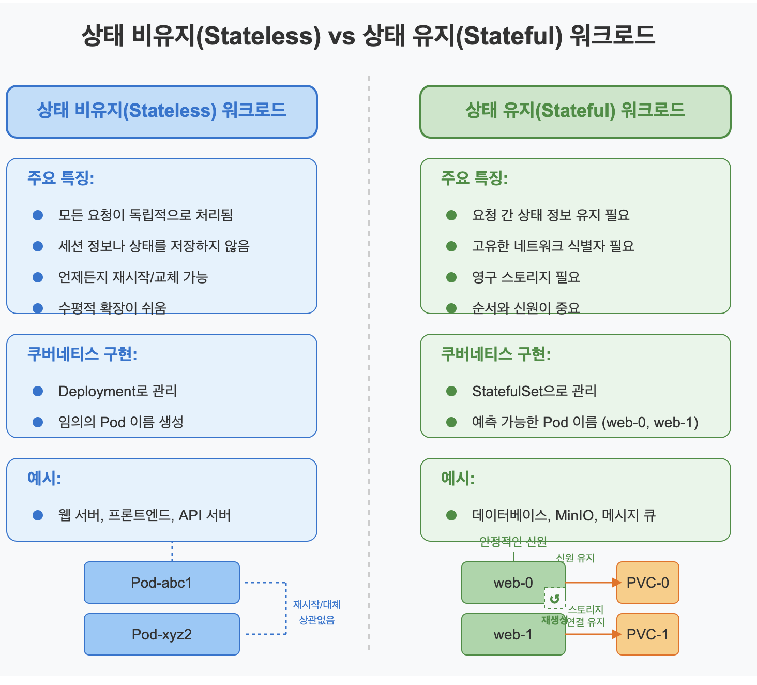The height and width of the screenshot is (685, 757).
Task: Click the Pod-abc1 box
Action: (161, 583)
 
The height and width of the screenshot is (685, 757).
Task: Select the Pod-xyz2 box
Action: (161, 634)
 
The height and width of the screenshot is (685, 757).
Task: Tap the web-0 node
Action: (513, 583)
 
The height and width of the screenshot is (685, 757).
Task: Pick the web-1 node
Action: (513, 635)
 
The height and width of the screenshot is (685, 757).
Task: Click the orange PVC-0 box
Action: (647, 583)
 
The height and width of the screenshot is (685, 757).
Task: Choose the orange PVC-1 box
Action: (647, 634)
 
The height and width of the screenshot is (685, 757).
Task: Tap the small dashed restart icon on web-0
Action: (555, 599)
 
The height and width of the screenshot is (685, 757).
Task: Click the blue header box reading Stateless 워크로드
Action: (161, 111)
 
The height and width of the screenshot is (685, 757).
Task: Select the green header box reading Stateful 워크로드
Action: (575, 111)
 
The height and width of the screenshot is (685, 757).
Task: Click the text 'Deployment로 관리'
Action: (118, 391)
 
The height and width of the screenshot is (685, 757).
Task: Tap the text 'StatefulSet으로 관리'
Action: (534, 391)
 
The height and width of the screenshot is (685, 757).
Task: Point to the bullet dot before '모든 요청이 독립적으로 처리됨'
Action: (38, 215)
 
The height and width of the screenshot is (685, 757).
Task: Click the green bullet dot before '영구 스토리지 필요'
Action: (451, 277)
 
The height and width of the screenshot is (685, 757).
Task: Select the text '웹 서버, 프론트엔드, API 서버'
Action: (144, 515)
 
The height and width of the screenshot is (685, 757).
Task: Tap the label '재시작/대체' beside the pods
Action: (316, 604)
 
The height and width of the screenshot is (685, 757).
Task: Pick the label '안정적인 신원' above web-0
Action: (513, 542)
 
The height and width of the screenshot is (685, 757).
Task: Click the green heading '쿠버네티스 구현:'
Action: (495, 354)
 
